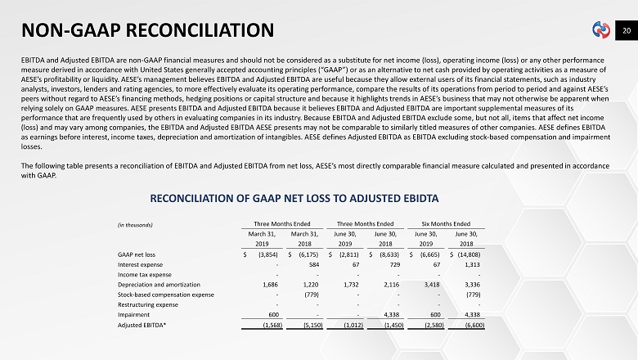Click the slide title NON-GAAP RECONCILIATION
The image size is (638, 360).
(147, 31)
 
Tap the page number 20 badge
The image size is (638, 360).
(626, 30)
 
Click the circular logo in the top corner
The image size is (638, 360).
(602, 31)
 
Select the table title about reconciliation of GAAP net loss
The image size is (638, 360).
(295, 199)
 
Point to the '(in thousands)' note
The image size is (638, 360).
(136, 225)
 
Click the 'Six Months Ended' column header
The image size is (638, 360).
(446, 223)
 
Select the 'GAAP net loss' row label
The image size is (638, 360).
(137, 254)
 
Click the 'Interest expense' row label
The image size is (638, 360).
(141, 264)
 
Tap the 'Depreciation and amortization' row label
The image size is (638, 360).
(159, 284)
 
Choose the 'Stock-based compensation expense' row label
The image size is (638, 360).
(166, 294)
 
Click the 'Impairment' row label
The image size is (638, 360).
(134, 313)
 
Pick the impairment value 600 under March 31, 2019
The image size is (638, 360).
(274, 313)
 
